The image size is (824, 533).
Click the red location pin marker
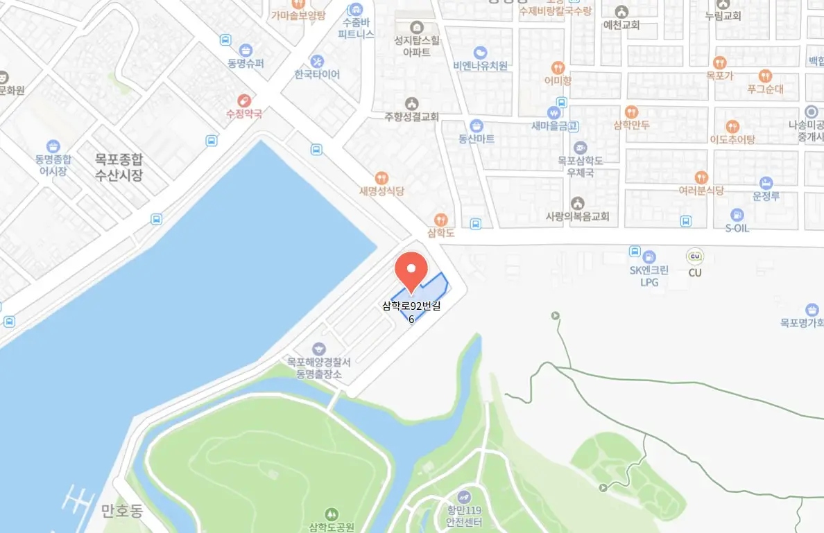tap(411, 269)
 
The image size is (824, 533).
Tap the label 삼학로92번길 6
tap(411, 311)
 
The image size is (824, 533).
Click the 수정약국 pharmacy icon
tap(244, 101)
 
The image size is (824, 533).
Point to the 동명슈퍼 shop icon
tap(245, 50)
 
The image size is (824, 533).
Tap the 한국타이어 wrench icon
tap(317, 61)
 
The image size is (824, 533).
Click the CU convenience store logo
tap(694, 256)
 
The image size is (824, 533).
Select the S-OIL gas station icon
tap(737, 214)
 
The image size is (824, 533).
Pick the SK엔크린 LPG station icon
tap(649, 256)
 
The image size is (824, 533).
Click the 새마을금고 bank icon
tap(554, 112)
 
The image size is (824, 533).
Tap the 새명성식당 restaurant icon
tap(381, 178)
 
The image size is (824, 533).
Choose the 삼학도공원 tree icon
tap(332, 514)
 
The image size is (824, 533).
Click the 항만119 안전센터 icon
tap(464, 496)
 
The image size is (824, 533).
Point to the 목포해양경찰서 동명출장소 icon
tap(319, 349)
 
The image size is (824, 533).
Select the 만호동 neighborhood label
tap(121, 512)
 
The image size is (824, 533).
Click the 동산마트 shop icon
tap(477, 125)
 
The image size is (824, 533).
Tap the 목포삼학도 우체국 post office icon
tap(580, 147)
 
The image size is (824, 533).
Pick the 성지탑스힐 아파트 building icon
tap(416, 27)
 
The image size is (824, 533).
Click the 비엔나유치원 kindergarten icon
tap(480, 53)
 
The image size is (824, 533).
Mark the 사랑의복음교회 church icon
tap(577, 203)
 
